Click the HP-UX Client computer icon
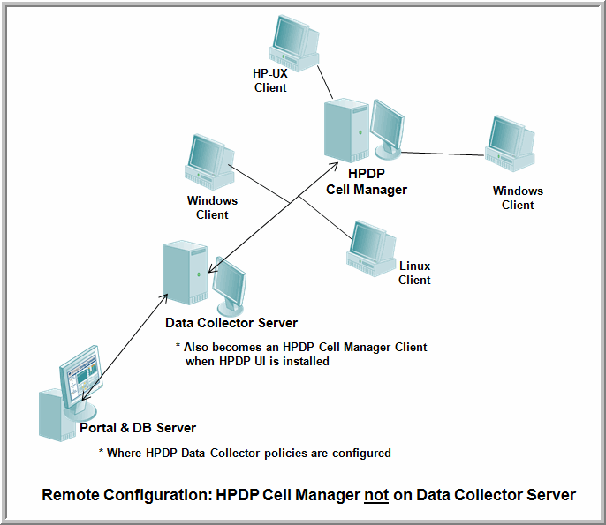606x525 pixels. pyautogui.click(x=293, y=41)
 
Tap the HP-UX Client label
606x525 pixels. pyautogui.click(x=270, y=80)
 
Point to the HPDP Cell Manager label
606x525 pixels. pyautogui.click(x=366, y=182)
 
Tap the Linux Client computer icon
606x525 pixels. pyautogui.click(x=370, y=246)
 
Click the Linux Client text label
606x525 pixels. pyautogui.click(x=414, y=273)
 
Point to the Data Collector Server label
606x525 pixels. pyautogui.click(x=231, y=323)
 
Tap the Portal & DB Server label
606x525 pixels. pyautogui.click(x=138, y=428)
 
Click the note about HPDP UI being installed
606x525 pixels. pyautogui.click(x=301, y=354)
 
